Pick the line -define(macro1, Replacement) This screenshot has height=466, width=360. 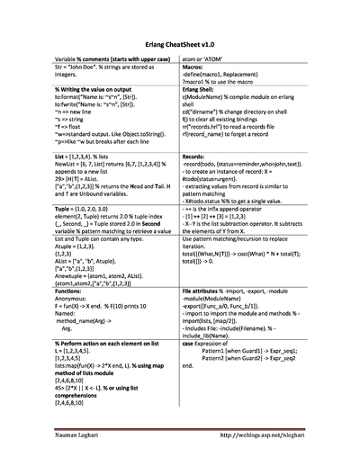tap(233, 74)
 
